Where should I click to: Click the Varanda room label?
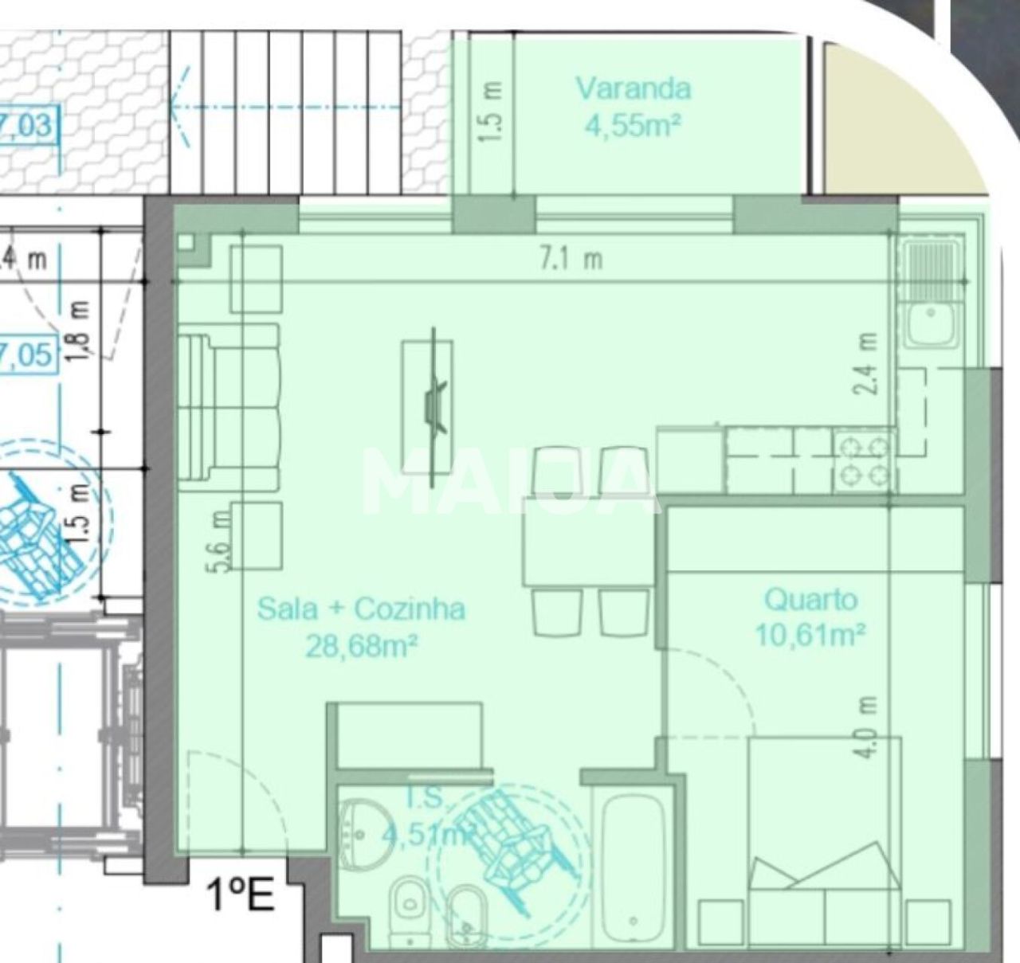[x=634, y=88]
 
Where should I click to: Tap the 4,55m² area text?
[x=634, y=125]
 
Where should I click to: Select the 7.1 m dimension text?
[x=571, y=259]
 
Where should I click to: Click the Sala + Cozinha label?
[x=361, y=609]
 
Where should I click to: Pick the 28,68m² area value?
[x=362, y=646]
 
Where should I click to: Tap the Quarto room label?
[x=810, y=599]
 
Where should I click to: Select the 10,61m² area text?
[x=810, y=635]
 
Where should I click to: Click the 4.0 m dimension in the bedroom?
[x=869, y=726]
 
